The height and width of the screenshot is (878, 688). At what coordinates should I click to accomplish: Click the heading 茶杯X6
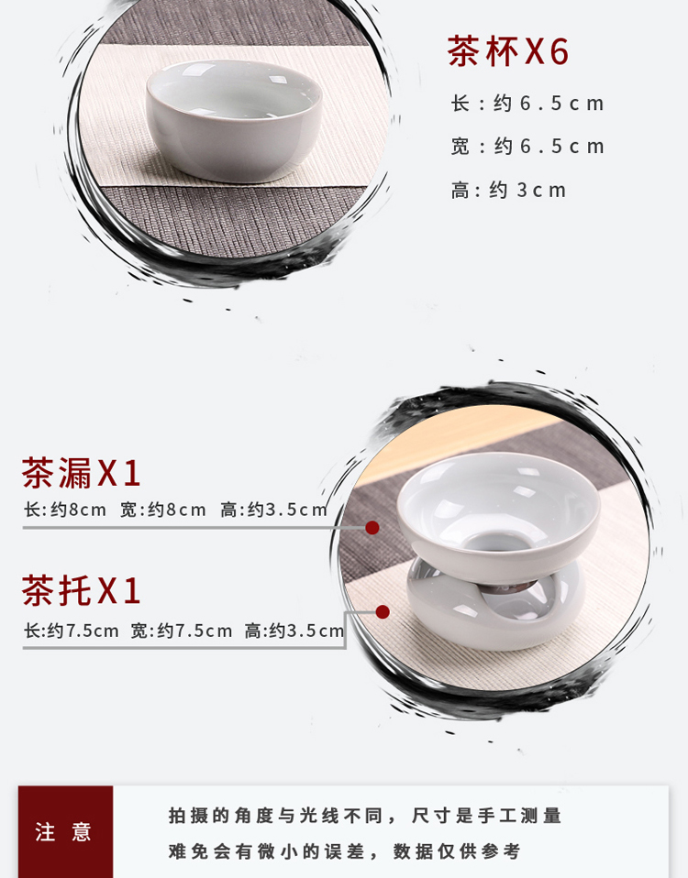508,51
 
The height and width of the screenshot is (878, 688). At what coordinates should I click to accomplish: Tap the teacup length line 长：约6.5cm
527,103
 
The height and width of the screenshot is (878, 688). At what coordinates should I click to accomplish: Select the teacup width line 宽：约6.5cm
527,146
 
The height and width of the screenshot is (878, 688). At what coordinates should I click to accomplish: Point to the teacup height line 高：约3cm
509,190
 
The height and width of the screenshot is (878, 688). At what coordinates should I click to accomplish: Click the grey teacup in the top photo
234,120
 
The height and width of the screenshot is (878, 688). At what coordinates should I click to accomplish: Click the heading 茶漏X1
81,473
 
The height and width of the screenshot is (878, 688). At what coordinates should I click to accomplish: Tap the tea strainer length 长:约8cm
65,510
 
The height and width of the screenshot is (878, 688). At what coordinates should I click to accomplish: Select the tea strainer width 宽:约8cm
163,510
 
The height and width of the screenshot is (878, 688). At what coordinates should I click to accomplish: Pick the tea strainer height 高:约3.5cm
274,510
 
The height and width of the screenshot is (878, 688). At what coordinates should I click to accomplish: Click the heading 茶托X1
81,590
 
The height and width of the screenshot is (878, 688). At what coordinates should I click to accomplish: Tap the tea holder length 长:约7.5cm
72,631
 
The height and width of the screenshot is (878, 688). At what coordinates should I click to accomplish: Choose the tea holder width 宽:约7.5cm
182,631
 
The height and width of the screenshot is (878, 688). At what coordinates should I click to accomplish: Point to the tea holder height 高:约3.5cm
294,631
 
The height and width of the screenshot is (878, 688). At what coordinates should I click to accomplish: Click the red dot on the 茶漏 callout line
372,528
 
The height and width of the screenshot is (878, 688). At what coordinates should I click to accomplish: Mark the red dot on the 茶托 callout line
383,612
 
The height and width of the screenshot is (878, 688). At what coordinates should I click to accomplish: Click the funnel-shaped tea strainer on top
499,512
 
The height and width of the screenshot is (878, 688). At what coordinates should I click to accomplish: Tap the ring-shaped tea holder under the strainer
496,610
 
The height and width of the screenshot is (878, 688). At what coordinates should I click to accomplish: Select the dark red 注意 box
65,831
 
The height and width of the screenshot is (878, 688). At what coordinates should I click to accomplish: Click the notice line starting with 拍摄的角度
365,816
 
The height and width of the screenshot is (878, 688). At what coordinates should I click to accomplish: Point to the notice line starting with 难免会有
345,851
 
